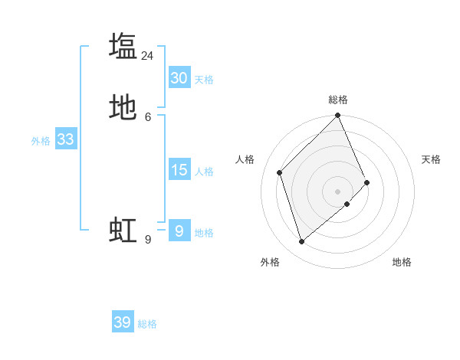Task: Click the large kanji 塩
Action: click(x=123, y=46)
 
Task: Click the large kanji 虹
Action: click(x=123, y=230)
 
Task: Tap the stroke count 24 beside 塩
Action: click(x=148, y=56)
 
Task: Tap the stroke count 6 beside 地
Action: click(x=148, y=117)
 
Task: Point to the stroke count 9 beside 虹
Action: click(x=148, y=240)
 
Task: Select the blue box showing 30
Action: click(x=179, y=78)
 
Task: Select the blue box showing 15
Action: click(x=179, y=170)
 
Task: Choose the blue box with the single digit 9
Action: click(x=179, y=231)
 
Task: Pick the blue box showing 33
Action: click(x=65, y=139)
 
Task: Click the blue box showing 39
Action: click(x=123, y=322)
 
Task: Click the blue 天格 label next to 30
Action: click(x=204, y=80)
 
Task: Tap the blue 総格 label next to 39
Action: click(x=147, y=324)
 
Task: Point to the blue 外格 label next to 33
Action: click(x=41, y=141)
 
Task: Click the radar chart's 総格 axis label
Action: click(x=338, y=100)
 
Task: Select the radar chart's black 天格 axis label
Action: click(x=431, y=159)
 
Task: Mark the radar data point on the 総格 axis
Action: click(x=338, y=116)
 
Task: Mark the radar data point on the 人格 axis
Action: click(x=280, y=172)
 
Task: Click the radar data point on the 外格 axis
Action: click(x=302, y=242)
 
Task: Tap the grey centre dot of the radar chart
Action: click(x=338, y=191)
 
